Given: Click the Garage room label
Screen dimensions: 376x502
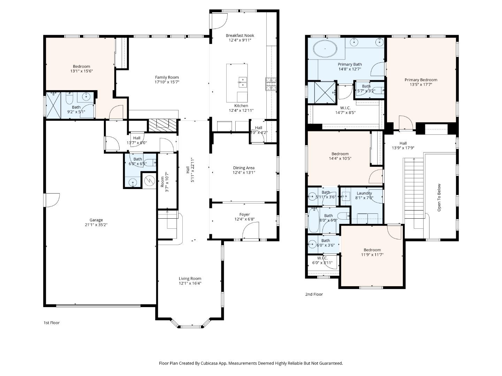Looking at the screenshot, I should click(96, 220).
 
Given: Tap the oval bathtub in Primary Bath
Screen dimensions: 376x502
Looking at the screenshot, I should click(325, 49).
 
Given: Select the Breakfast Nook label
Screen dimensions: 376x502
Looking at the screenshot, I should click(240, 36).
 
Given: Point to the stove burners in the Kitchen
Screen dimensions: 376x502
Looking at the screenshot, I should click(271, 84).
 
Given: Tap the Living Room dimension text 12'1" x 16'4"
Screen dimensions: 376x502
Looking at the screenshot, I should click(190, 283).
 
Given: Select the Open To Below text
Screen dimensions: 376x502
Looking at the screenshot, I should click(439, 197).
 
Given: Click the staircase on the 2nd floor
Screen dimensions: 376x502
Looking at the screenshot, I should click(413, 188).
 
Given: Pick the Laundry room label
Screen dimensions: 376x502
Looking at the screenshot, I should click(364, 193).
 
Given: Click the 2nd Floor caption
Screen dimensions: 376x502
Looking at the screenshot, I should click(314, 295).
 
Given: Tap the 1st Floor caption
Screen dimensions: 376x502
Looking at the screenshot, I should click(52, 323).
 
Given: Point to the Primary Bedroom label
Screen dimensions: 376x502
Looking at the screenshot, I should click(421, 80).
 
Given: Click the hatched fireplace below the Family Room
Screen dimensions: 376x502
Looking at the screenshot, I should click(163, 125).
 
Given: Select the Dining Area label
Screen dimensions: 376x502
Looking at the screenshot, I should click(244, 168).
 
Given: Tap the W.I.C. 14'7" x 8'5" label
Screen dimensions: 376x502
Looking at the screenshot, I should click(345, 110).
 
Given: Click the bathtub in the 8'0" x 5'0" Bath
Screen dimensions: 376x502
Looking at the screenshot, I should click(314, 220).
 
